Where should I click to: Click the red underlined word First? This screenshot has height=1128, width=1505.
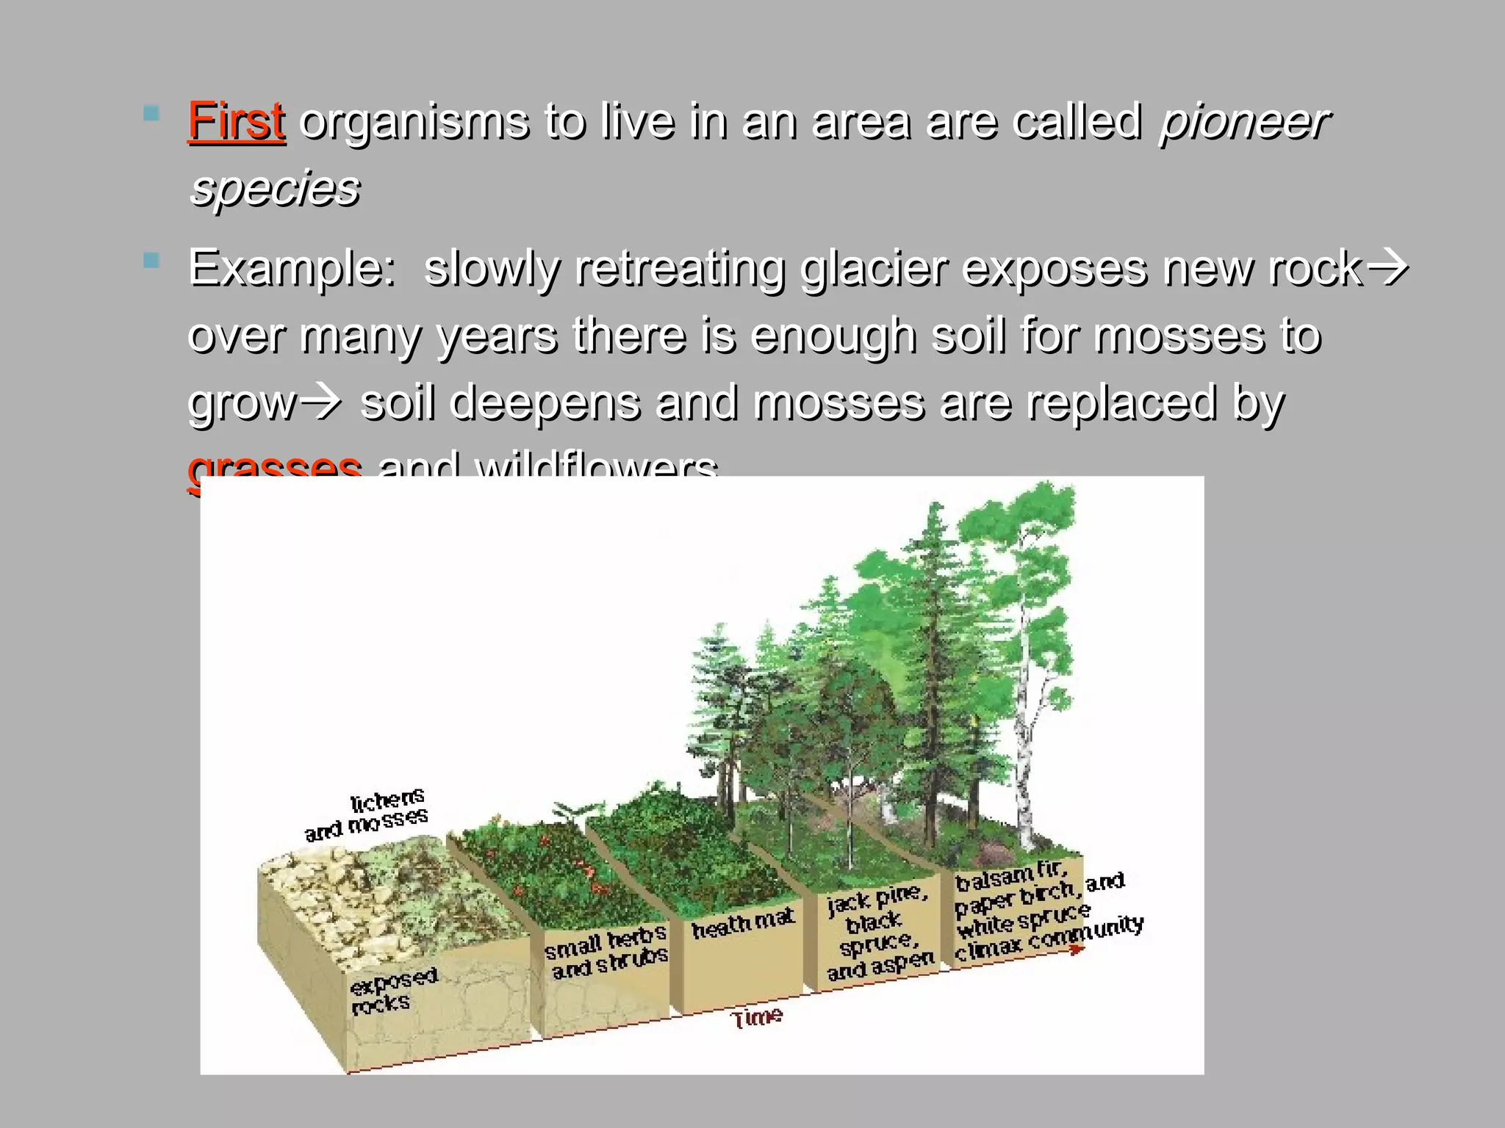(x=236, y=121)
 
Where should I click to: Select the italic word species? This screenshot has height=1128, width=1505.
(x=275, y=188)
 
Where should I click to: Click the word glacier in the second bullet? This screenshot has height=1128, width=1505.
(x=874, y=268)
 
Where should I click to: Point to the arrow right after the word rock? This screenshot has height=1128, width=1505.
(x=1387, y=268)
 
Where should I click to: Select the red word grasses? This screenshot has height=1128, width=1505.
(x=275, y=466)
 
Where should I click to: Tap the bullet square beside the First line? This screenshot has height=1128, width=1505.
(x=151, y=114)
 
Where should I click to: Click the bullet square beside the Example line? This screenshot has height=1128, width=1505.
(x=151, y=261)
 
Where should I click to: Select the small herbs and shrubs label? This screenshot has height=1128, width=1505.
(x=607, y=952)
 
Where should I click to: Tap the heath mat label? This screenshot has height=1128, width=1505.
(x=743, y=924)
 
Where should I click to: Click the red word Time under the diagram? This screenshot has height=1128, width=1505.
(x=757, y=1018)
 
